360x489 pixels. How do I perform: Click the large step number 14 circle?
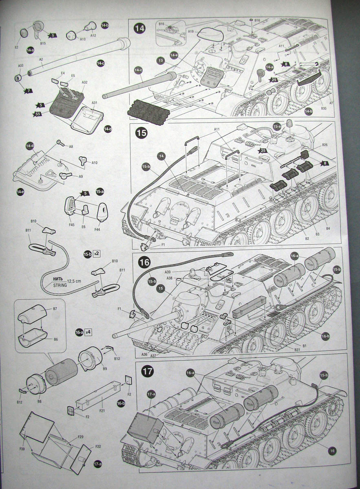[139, 29]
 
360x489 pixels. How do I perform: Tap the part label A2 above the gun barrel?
[41, 59]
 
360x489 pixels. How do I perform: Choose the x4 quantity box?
[88, 332]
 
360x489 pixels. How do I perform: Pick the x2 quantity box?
[97, 253]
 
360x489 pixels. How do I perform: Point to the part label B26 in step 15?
[325, 145]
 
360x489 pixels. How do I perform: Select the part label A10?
[95, 163]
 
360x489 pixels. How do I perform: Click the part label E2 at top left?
[17, 47]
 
